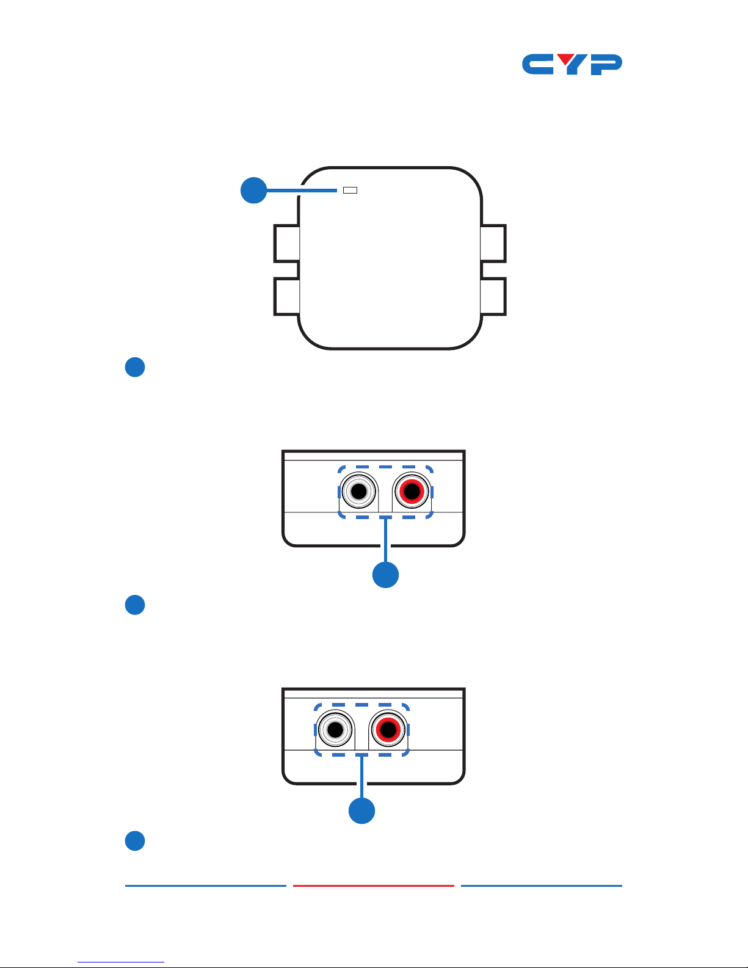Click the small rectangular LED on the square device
[350, 190]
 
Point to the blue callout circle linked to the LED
[253, 190]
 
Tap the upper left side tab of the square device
[286, 243]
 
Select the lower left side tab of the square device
[286, 297]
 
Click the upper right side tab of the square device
[493, 243]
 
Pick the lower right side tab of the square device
[493, 297]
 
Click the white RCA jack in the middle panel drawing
[359, 492]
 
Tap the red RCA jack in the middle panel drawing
[412, 492]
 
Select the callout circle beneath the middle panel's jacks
[385, 575]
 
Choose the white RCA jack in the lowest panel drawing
[335, 730]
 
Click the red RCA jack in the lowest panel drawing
[388, 730]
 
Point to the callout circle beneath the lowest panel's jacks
[361, 810]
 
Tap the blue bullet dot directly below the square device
[135, 367]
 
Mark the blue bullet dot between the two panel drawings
[135, 605]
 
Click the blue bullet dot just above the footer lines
[135, 840]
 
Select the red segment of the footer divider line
[374, 886]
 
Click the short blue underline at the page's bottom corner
[121, 963]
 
